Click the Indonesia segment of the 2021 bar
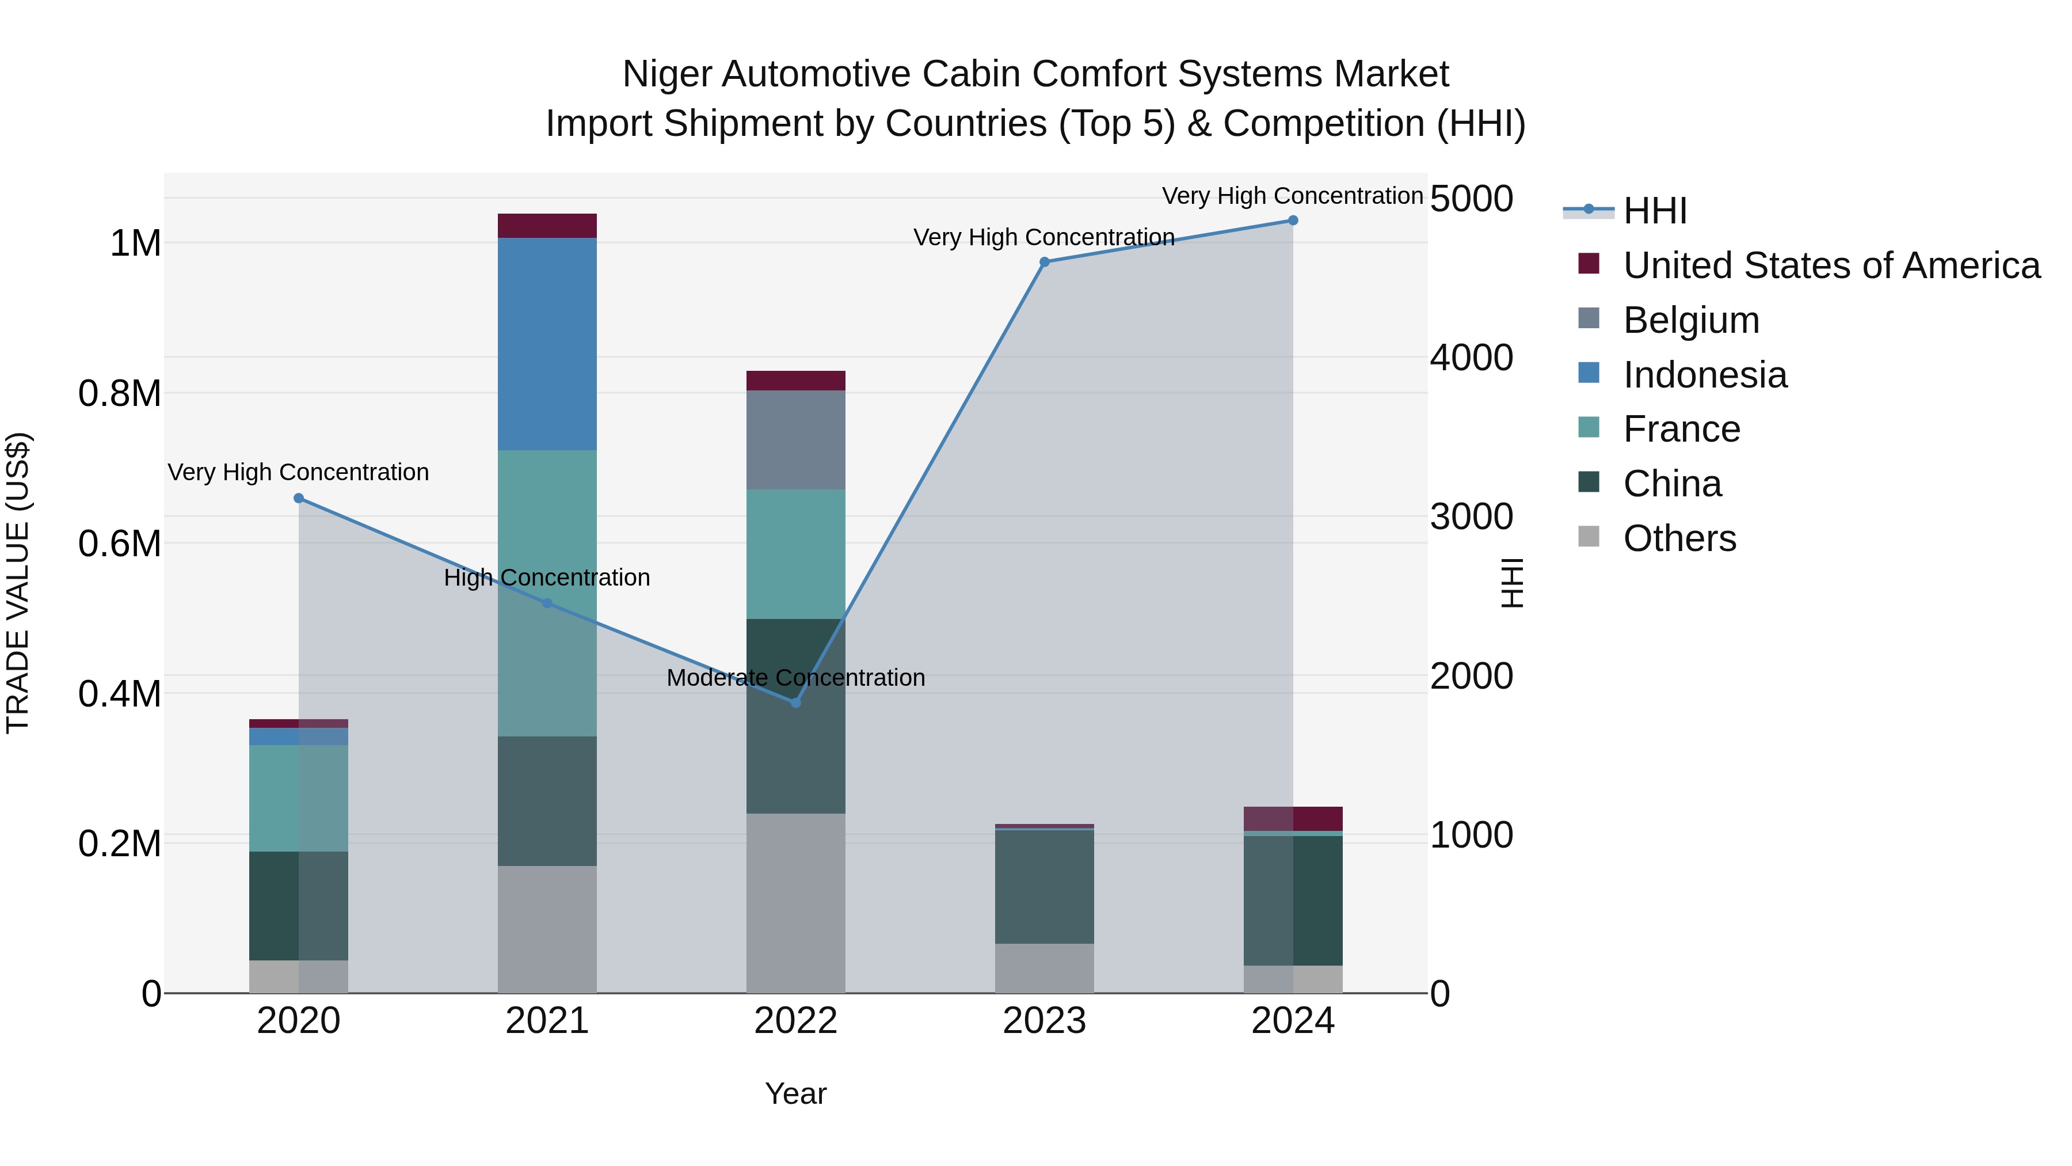[x=547, y=344]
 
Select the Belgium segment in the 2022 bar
[x=795, y=439]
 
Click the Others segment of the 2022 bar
[x=795, y=903]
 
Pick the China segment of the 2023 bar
[x=1044, y=886]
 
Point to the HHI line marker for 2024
[x=1293, y=221]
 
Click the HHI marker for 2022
[x=795, y=702]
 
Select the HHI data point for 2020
[x=298, y=498]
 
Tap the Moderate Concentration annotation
[x=795, y=678]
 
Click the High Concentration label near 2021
[x=547, y=578]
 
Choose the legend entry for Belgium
[x=1691, y=320]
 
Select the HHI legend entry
[x=1655, y=211]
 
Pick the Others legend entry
[x=1679, y=538]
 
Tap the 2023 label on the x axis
[x=1044, y=1021]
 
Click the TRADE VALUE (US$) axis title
[x=18, y=583]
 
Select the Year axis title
[x=795, y=1093]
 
